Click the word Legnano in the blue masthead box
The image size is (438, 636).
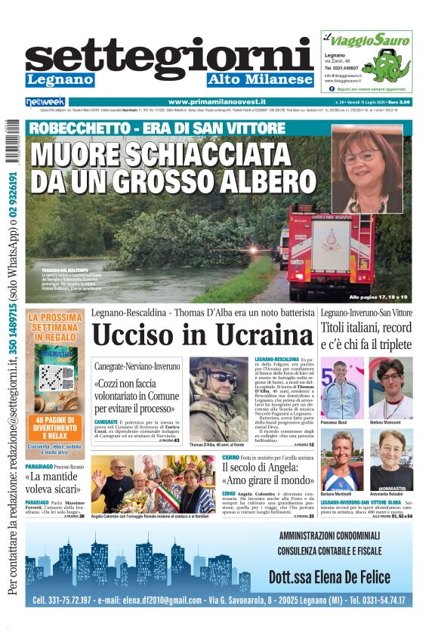pos(60,79)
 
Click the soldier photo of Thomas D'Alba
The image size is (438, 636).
pos(217,399)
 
